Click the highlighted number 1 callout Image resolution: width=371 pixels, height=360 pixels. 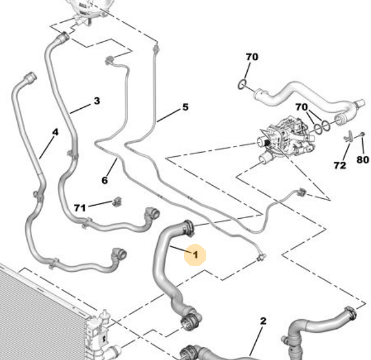(195, 255)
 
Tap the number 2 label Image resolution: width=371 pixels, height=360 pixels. (262, 321)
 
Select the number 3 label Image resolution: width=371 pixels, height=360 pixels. (97, 101)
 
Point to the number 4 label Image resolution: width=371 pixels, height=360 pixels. (55, 132)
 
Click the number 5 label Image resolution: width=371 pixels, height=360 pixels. (185, 107)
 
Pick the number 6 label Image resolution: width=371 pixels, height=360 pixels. (105, 180)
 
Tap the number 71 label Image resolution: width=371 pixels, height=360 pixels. (80, 208)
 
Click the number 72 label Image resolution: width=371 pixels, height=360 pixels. (340, 164)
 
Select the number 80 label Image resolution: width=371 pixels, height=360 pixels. (363, 160)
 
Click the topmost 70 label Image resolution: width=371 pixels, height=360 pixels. (251, 57)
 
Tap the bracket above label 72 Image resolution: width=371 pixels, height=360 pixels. (348, 138)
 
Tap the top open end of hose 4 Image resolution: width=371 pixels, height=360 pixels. (29, 78)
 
